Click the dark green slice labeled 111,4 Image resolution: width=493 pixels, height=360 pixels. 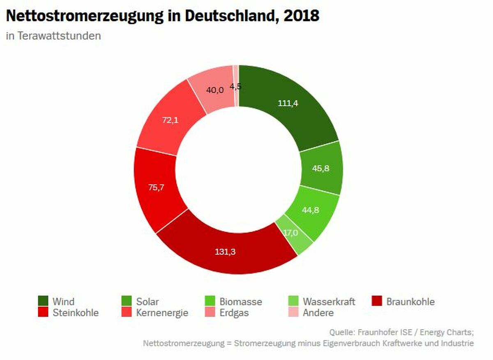288,104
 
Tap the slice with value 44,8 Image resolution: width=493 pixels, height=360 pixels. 311,210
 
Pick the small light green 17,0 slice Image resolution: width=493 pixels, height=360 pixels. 291,233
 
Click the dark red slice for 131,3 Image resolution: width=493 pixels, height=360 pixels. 225,252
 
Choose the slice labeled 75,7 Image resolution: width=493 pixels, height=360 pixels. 157,188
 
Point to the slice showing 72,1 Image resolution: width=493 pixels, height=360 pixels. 170,120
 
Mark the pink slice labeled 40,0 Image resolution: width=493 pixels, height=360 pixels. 214,90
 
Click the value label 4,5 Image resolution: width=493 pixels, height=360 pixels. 235,86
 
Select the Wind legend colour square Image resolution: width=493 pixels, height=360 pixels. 43,301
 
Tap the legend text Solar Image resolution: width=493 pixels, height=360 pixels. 147,302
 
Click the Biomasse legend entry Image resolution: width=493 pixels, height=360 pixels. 240,302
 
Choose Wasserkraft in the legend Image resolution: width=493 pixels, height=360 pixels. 329,302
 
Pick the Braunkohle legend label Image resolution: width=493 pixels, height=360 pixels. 410,302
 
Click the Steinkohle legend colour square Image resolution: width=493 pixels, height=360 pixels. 43,312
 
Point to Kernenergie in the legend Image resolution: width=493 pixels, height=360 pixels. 162,313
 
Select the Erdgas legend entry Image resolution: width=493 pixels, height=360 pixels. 234,313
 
